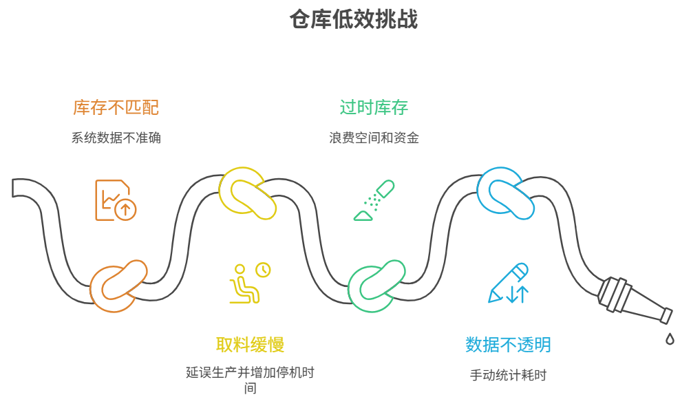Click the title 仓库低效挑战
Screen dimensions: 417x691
point(354,19)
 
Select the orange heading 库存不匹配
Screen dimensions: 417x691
point(116,108)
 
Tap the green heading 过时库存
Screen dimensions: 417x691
point(374,107)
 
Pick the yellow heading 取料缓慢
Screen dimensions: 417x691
point(250,344)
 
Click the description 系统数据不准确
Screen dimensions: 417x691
point(116,138)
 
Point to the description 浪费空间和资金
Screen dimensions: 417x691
point(374,138)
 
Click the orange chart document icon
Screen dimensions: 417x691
point(114,200)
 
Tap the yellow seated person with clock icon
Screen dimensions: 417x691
point(248,283)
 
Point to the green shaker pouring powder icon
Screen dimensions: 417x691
point(374,200)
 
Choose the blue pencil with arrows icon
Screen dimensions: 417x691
point(509,283)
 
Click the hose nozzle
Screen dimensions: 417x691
point(633,300)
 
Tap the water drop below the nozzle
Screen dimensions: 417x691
point(669,339)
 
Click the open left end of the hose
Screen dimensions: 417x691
point(15,188)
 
